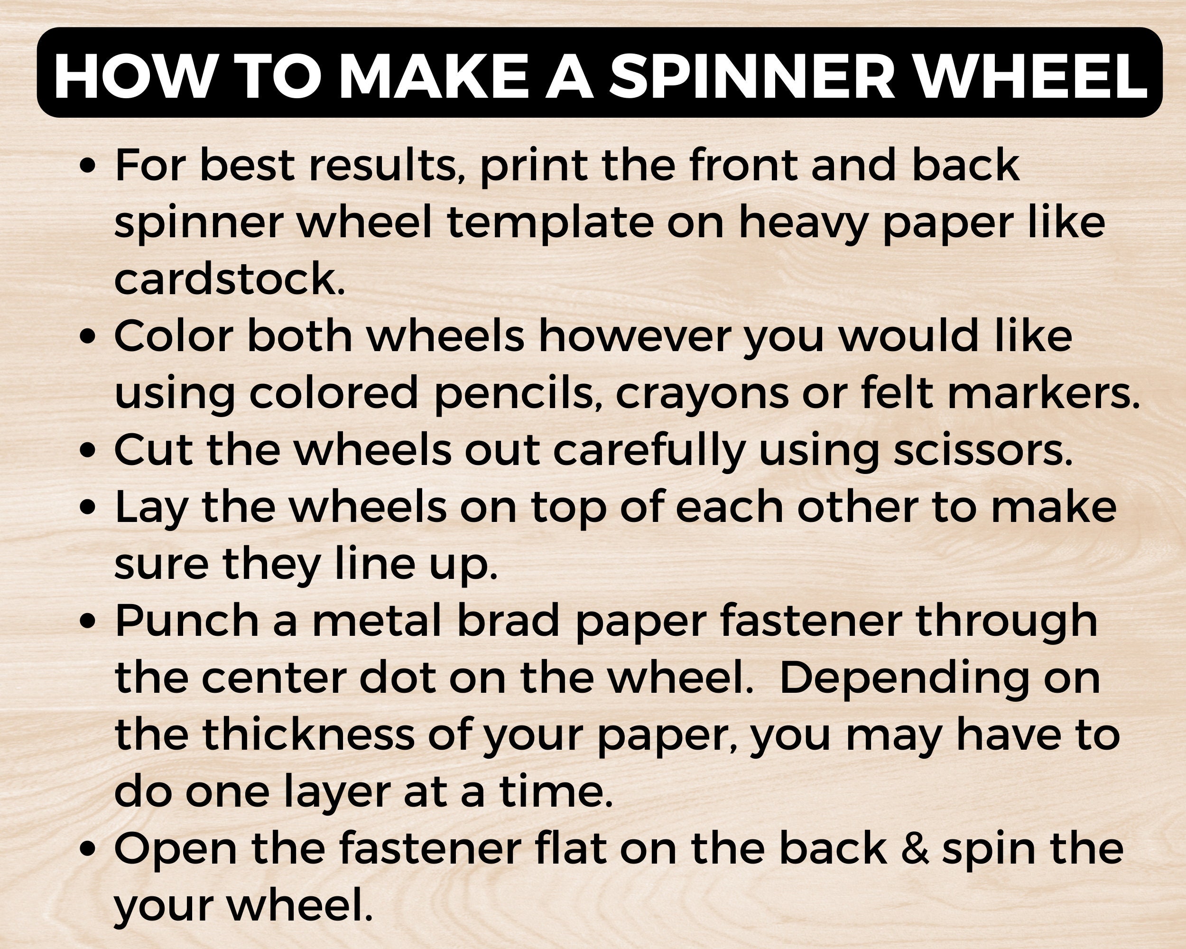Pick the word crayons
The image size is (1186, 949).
[701, 393]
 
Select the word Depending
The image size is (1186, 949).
[903, 679]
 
